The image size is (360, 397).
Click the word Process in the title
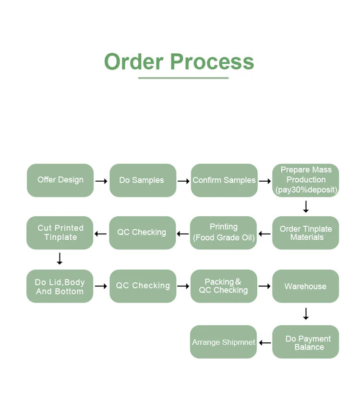click(212, 62)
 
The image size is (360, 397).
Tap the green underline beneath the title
click(183, 78)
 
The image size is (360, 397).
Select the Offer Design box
click(60, 180)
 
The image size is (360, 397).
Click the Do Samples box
click(142, 180)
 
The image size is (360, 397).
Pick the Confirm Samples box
click(224, 180)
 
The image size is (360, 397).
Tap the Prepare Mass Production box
click(306, 180)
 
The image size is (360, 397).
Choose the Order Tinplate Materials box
click(306, 233)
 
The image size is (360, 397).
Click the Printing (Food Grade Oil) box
click(224, 233)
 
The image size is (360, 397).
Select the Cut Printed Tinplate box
click(60, 233)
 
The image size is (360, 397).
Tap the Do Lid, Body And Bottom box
click(60, 286)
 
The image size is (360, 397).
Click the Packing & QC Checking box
click(224, 286)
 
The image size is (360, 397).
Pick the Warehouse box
click(306, 286)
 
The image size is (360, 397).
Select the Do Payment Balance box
click(306, 342)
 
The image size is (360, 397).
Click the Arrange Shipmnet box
click(224, 342)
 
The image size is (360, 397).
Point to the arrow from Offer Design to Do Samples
click(101, 181)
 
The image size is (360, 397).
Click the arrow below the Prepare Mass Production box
click(306, 207)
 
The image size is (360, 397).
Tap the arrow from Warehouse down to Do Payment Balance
click(306, 314)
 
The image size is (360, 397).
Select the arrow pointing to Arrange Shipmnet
click(264, 342)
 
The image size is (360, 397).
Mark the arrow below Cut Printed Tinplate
click(60, 259)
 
